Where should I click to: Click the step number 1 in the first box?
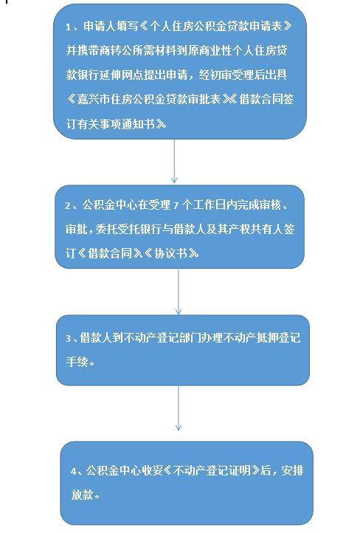[69, 27]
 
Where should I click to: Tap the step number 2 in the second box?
[68, 206]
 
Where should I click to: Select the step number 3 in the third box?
[69, 339]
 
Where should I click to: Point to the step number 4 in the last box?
[74, 472]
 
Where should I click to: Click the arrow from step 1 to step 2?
[174, 161]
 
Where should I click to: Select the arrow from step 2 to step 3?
[179, 292]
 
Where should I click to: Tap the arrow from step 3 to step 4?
[179, 408]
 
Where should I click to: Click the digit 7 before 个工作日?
[176, 206]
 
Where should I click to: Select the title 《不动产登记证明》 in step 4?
[212, 470]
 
